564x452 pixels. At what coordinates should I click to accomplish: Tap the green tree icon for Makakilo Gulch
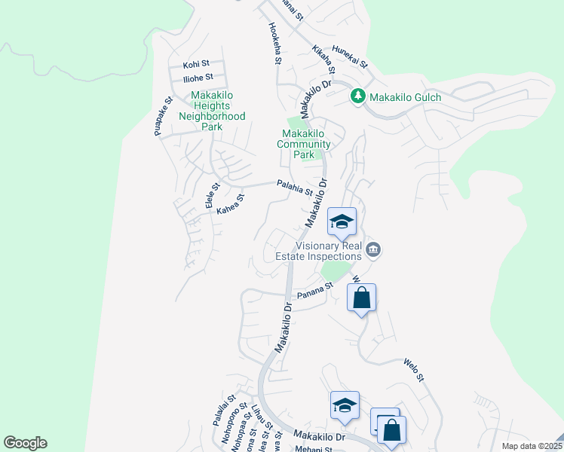point(358,96)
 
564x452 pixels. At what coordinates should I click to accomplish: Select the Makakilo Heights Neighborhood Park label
point(212,111)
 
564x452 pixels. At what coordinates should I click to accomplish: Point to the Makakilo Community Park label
point(303,144)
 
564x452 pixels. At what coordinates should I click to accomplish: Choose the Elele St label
point(211,194)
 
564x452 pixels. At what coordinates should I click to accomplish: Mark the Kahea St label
point(231,205)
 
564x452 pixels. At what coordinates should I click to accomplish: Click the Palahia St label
point(294,187)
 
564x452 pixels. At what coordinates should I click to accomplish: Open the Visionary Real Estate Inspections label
point(328,250)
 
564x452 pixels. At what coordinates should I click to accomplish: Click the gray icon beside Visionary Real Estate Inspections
point(372,249)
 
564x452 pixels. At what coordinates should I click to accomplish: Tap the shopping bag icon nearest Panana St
point(362,298)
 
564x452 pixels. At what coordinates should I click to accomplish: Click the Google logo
point(25,443)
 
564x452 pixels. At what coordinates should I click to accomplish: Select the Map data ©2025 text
point(531,446)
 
